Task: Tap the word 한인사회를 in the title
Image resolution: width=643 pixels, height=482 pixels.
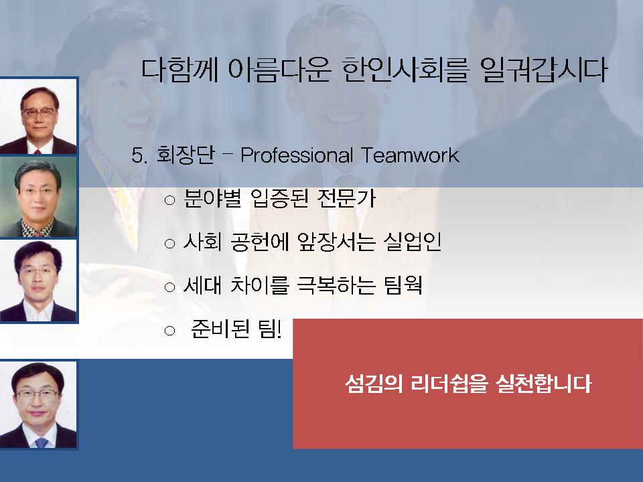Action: pyautogui.click(x=406, y=70)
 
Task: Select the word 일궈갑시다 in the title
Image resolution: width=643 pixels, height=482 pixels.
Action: pyautogui.click(x=544, y=70)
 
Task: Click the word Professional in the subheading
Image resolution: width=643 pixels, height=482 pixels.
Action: pyautogui.click(x=297, y=155)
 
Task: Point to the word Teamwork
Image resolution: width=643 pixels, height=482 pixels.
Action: pyautogui.click(x=410, y=155)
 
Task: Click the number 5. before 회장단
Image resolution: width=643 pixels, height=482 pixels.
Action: pyautogui.click(x=139, y=156)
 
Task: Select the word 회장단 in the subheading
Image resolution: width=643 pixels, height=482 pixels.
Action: pyautogui.click(x=186, y=155)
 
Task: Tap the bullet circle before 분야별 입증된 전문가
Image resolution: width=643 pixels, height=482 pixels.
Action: pyautogui.click(x=169, y=200)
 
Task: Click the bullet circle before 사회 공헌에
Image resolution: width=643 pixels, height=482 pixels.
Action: pyautogui.click(x=169, y=244)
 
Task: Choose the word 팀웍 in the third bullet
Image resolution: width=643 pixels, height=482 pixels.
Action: pyautogui.click(x=403, y=285)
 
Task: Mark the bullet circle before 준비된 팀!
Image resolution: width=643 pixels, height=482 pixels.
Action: pyautogui.click(x=169, y=331)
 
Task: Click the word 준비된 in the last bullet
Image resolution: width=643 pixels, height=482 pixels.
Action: pyautogui.click(x=220, y=329)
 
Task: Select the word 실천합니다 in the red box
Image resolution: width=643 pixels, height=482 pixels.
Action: pyautogui.click(x=543, y=384)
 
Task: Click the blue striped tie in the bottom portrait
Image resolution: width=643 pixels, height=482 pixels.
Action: pyautogui.click(x=41, y=443)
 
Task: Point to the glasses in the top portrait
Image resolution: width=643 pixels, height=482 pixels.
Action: pyautogui.click(x=40, y=112)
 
